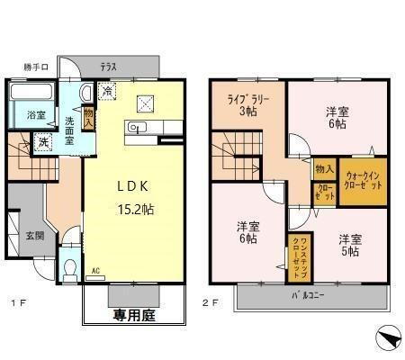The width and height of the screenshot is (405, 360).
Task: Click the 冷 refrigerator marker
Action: coord(107,91)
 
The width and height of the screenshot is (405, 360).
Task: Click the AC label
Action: coord(95,269)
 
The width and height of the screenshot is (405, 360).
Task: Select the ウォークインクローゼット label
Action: coord(364,180)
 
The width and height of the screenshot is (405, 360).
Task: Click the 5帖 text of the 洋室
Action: coord(350,253)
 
